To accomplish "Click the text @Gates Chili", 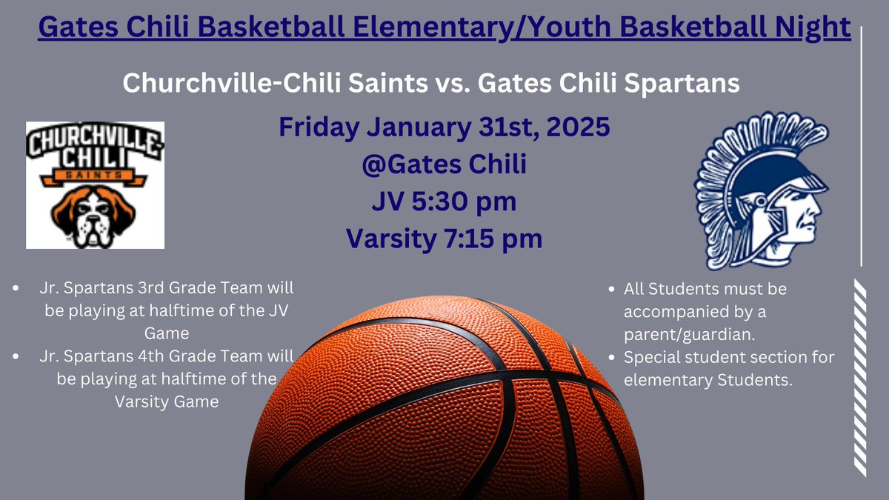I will [444, 164].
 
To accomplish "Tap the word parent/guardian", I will [689, 334].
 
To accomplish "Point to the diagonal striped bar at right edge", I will [860, 378].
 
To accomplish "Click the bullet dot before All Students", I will [610, 288].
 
